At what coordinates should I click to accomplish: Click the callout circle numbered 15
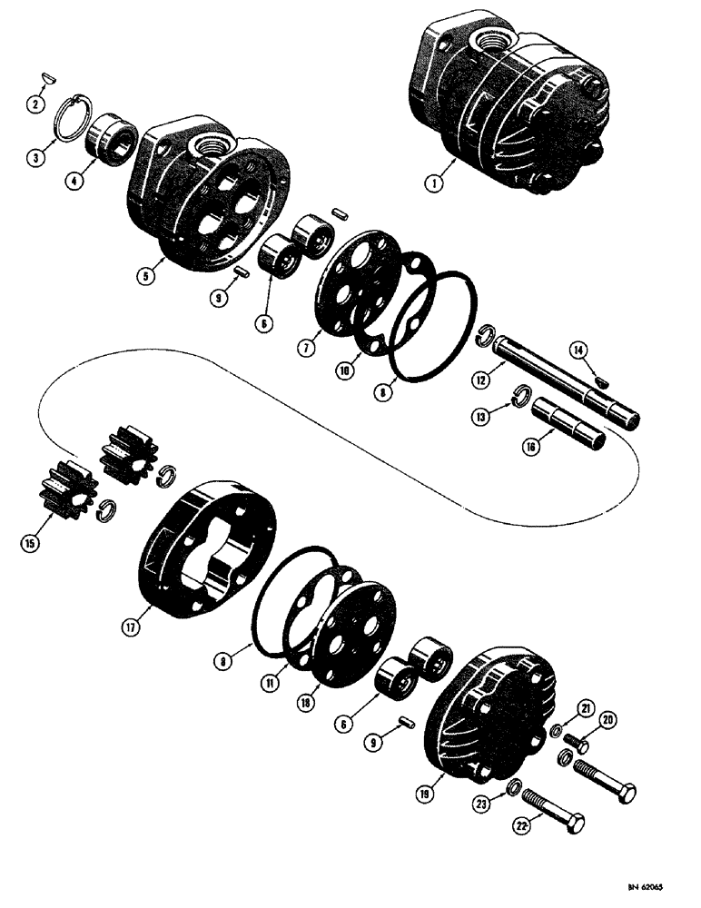30,544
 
